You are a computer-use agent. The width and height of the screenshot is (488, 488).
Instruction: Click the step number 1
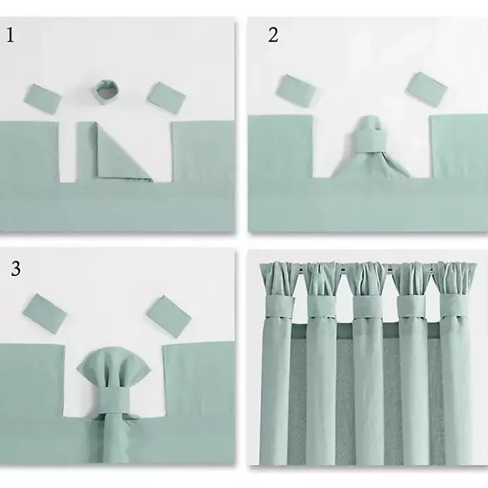click(10, 35)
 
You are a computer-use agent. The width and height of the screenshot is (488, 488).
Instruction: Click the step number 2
click(273, 35)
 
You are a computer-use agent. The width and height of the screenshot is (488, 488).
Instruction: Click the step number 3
click(16, 268)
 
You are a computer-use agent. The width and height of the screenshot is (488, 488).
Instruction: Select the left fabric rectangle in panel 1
click(42, 98)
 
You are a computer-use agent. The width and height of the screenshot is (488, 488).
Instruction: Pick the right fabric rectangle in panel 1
click(167, 98)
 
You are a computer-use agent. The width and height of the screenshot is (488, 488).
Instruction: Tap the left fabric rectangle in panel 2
click(296, 91)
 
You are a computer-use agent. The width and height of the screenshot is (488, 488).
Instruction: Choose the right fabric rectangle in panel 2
click(426, 90)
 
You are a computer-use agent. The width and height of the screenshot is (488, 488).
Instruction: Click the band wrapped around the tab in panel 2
click(370, 140)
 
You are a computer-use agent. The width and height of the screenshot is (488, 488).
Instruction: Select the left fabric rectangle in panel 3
click(45, 314)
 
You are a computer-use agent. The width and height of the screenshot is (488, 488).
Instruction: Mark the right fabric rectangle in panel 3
click(169, 317)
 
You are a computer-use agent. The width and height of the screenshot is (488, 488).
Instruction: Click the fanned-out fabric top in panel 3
click(114, 367)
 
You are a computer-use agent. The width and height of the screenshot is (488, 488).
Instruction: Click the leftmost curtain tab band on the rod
click(280, 306)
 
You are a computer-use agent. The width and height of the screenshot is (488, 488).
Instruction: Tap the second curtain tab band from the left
click(322, 306)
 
